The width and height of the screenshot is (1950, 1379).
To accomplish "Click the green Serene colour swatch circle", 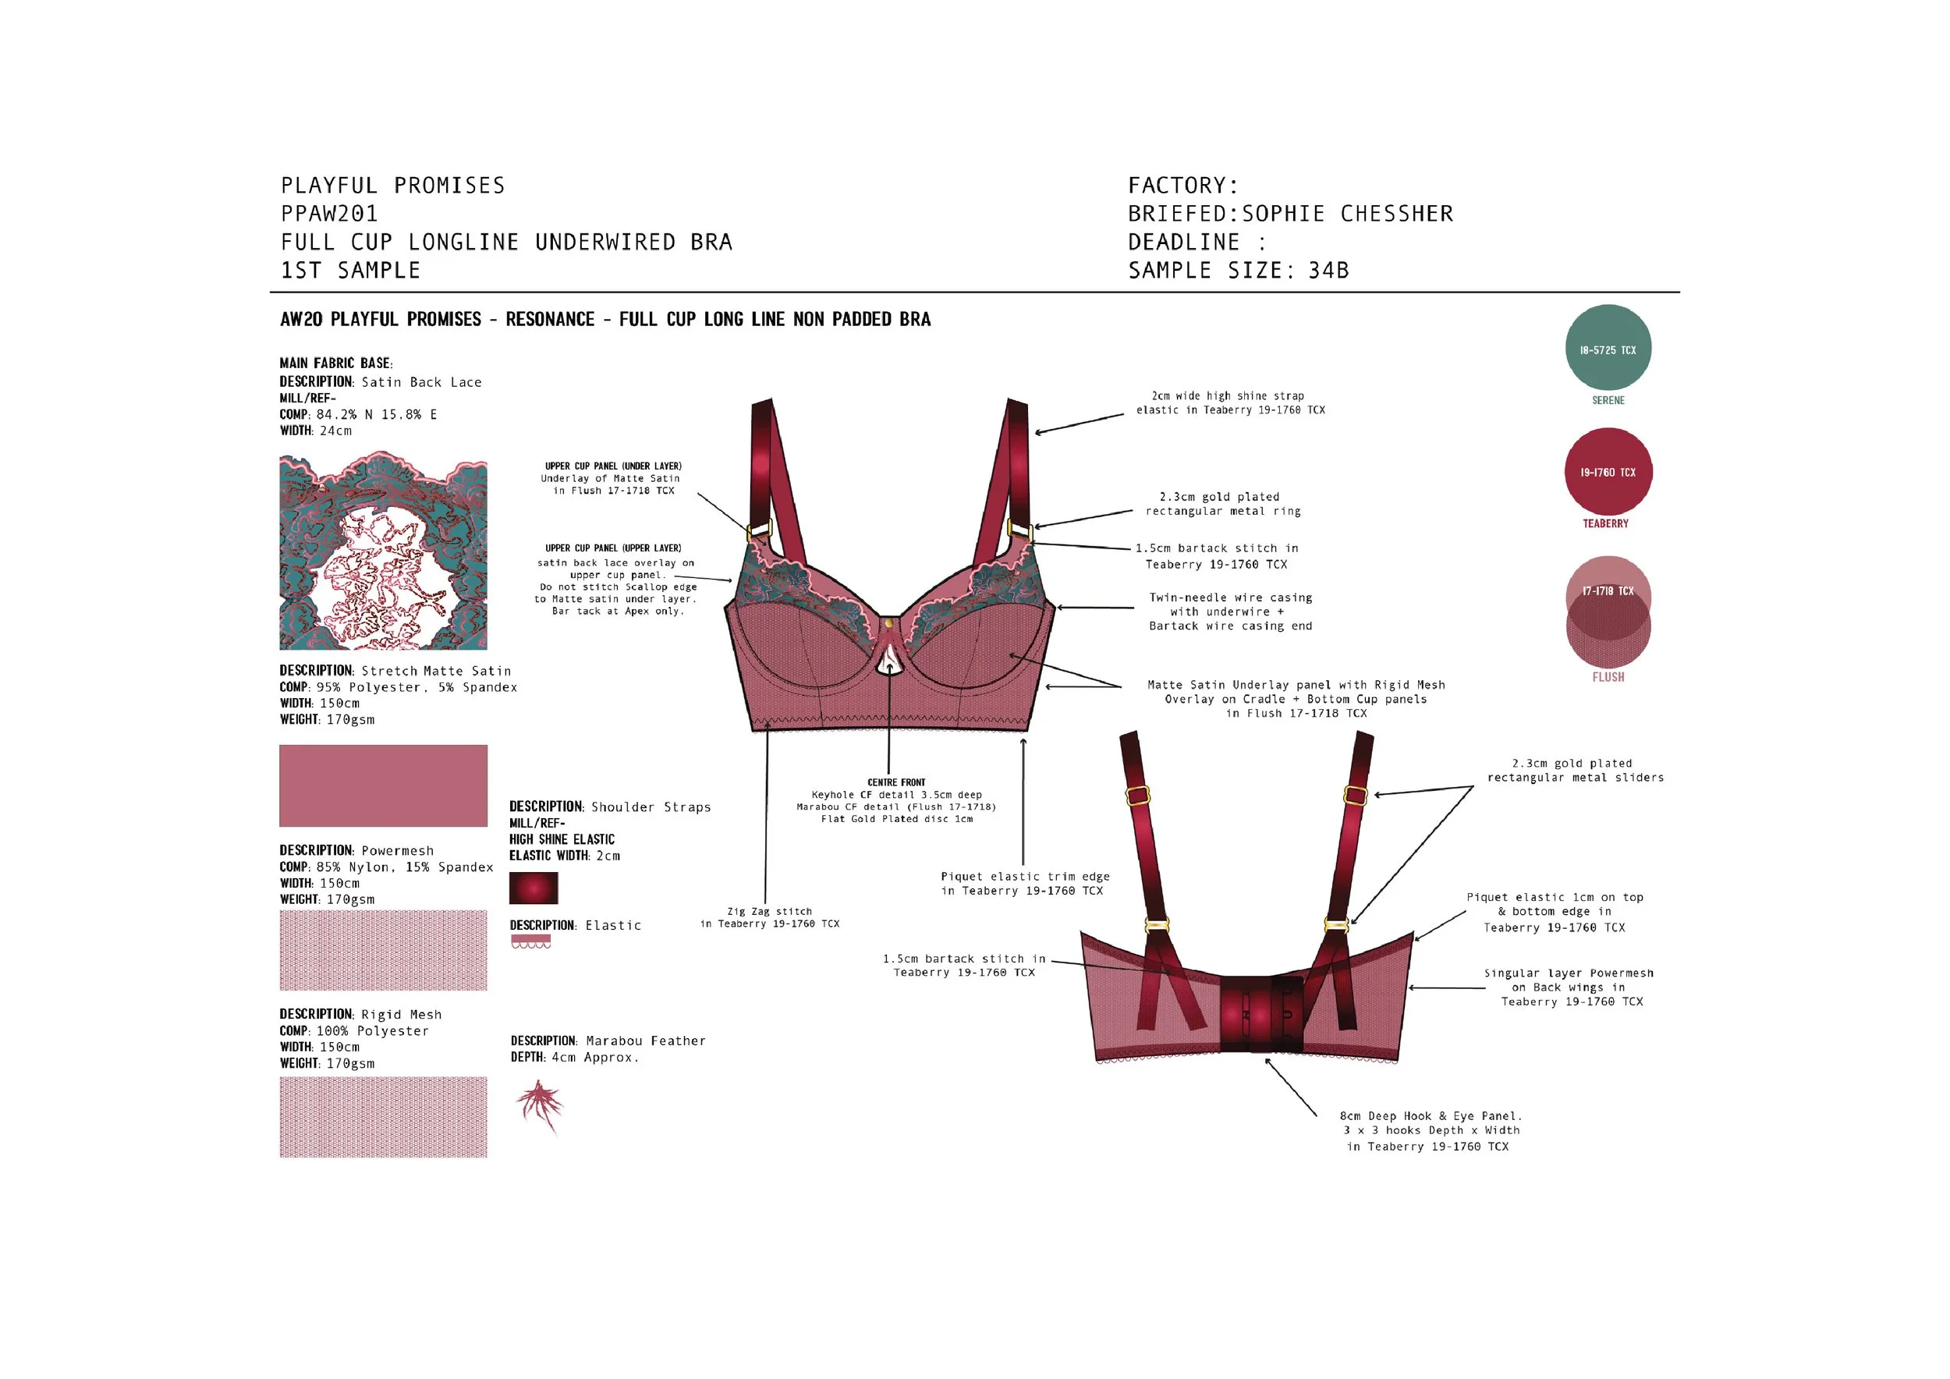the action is pyautogui.click(x=1608, y=347).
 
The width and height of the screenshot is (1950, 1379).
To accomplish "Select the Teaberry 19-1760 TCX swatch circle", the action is pyautogui.click(x=1608, y=471).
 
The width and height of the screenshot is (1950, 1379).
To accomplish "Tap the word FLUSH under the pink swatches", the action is pyautogui.click(x=1608, y=677).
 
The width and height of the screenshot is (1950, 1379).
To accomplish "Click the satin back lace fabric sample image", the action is pyautogui.click(x=383, y=553).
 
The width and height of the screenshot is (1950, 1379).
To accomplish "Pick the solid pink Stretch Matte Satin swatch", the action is pyautogui.click(x=383, y=785).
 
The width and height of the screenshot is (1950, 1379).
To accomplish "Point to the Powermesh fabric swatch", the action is pyautogui.click(x=383, y=950).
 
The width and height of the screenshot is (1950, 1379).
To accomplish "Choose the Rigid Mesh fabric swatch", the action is pyautogui.click(x=383, y=1117).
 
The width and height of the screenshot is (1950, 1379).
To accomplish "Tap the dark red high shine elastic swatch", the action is pyautogui.click(x=534, y=888).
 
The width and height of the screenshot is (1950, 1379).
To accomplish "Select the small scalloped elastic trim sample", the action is pyautogui.click(x=531, y=941).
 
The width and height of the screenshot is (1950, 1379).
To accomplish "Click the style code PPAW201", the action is pyautogui.click(x=329, y=214).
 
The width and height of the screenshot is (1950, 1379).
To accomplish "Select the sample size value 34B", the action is pyautogui.click(x=1328, y=271).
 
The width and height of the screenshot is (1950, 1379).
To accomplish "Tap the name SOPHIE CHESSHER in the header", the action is pyautogui.click(x=1348, y=214).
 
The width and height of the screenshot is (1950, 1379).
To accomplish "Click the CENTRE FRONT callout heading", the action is pyautogui.click(x=896, y=782).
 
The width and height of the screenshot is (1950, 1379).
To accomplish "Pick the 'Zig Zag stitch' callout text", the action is pyautogui.click(x=769, y=911).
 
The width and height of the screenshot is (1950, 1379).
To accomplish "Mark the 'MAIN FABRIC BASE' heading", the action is pyautogui.click(x=335, y=363).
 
